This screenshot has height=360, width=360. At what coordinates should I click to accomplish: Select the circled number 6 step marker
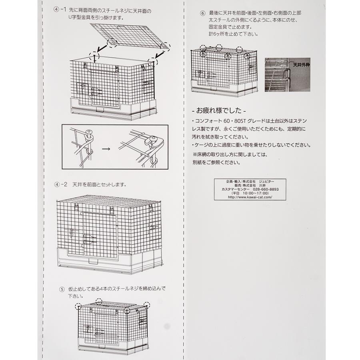(202, 13)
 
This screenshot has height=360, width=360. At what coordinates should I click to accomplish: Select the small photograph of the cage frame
(282, 75)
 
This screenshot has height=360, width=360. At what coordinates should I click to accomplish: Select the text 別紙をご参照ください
(216, 163)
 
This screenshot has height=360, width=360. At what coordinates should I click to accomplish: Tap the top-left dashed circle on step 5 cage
(78, 306)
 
